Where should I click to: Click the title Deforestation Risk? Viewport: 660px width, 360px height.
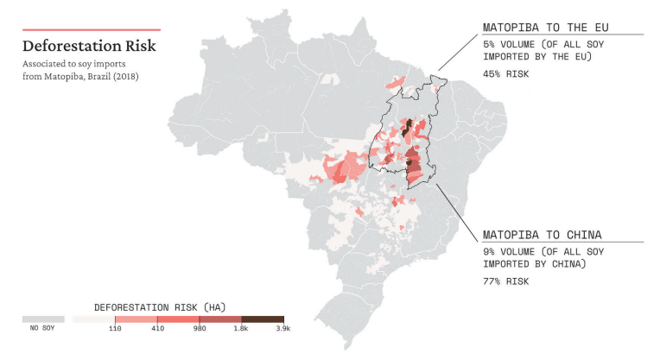[x=89, y=46]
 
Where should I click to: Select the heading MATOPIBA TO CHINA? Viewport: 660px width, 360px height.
[x=542, y=234]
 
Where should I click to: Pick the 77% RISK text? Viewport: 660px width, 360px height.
[x=506, y=281]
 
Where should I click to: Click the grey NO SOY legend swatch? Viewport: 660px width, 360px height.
[x=43, y=319]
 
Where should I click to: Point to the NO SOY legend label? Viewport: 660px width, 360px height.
[x=43, y=329]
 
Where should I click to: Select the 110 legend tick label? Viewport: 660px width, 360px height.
[x=114, y=329]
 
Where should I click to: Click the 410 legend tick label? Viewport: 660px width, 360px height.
[x=156, y=329]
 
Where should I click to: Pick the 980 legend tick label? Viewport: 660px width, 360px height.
[x=199, y=329]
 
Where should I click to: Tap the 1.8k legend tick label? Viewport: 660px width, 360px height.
[x=241, y=329]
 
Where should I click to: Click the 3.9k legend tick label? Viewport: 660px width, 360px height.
[x=283, y=329]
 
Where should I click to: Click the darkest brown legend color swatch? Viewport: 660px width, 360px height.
[x=263, y=319]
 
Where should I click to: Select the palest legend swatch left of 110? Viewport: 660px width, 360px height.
[x=93, y=319]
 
